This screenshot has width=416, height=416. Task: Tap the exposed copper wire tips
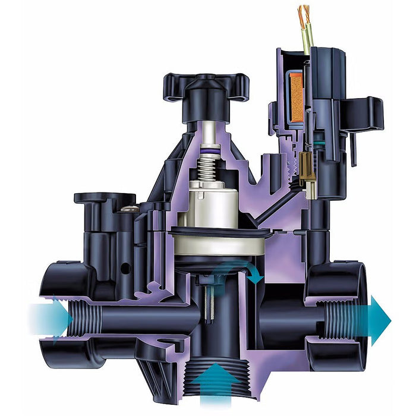[304, 15]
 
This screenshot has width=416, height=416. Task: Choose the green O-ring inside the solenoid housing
[321, 142]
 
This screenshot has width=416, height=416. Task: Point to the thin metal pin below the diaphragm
[212, 297]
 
